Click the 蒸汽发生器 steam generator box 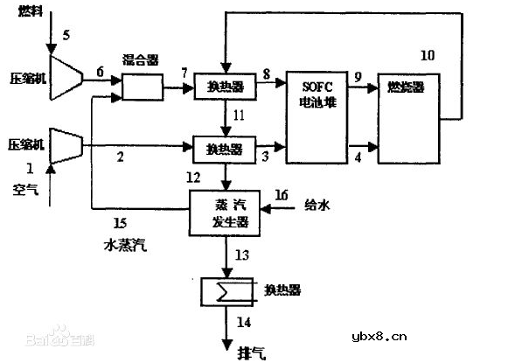[225, 213]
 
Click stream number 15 [121, 225]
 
